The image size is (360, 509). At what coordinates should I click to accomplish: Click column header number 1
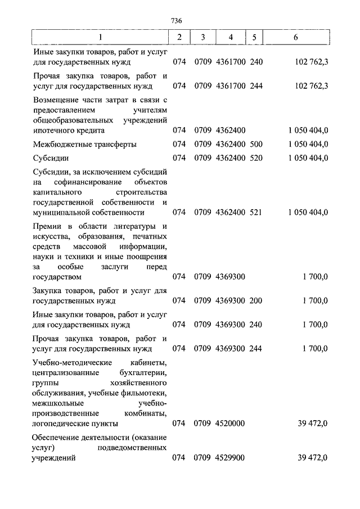(100, 38)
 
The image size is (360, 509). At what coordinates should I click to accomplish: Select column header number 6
(296, 38)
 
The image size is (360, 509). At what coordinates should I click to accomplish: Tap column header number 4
(230, 38)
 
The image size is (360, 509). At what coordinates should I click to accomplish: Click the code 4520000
(229, 423)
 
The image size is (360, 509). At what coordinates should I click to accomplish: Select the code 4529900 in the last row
(229, 458)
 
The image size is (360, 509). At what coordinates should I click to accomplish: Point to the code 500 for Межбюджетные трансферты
(256, 144)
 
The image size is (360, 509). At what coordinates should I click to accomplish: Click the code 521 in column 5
(256, 213)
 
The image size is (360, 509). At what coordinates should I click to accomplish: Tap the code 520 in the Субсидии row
(256, 158)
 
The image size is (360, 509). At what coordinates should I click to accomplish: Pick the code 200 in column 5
(256, 301)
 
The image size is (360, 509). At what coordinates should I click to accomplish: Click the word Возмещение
(56, 99)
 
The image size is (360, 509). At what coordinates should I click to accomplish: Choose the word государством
(57, 277)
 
